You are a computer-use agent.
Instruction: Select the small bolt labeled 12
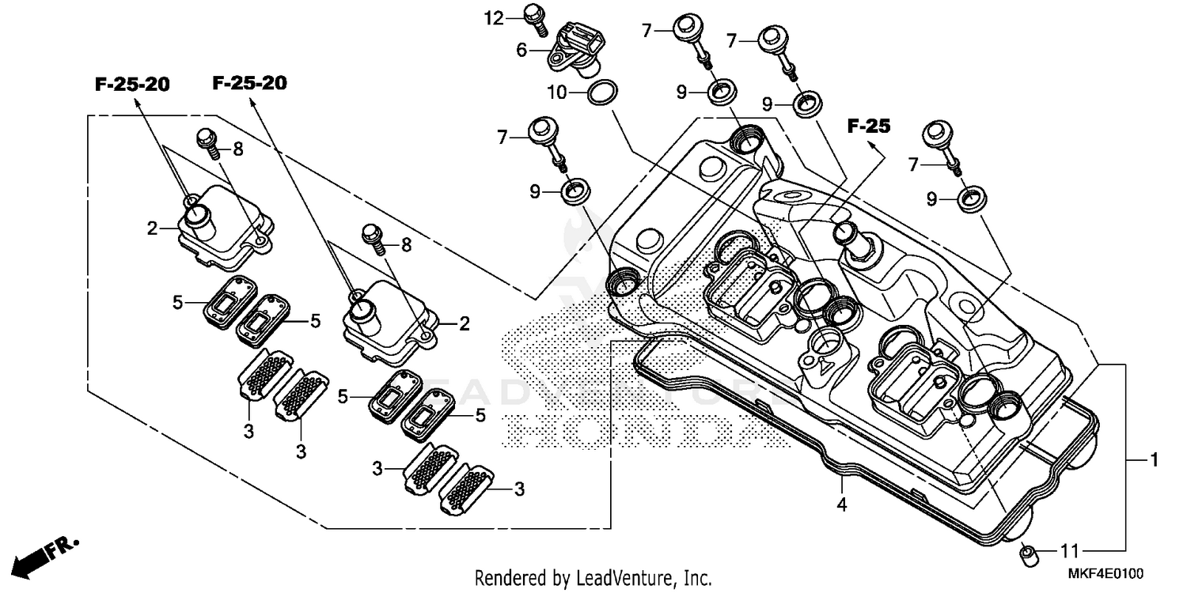click(535, 19)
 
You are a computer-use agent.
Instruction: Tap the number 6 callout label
click(522, 49)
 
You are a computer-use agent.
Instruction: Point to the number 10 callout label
click(557, 92)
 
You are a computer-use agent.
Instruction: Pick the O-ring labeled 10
click(604, 92)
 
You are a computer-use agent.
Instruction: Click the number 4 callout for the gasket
click(842, 504)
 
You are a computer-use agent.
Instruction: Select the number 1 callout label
click(1155, 459)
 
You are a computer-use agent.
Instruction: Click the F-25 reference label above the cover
click(869, 126)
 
